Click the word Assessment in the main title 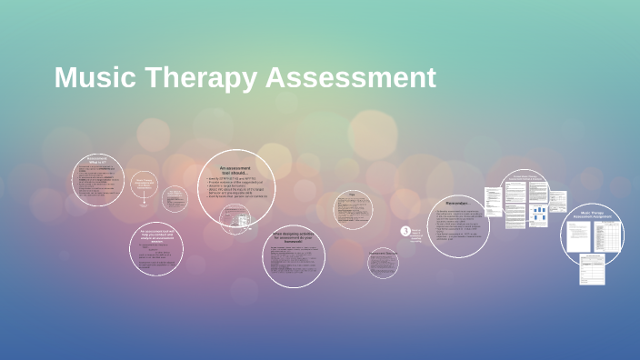tap(352, 77)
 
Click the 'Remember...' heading tap(457, 203)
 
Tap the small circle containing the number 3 tap(405, 232)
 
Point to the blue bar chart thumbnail tap(538, 215)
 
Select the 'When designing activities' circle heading tap(294, 237)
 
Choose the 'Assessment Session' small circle tap(383, 263)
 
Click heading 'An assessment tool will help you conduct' tap(156, 236)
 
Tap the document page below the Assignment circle tap(592, 272)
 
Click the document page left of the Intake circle tap(493, 204)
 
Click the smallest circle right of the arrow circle tap(175, 199)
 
